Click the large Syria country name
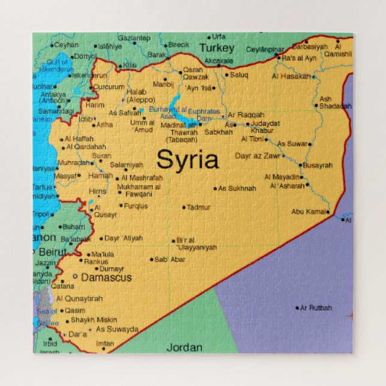pyautogui.click(x=187, y=160)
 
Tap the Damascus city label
pyautogui.click(x=106, y=278)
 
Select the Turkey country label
pyautogui.click(x=216, y=48)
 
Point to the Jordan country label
pyautogui.click(x=184, y=347)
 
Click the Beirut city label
pyautogui.click(x=52, y=252)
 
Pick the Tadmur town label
pyautogui.click(x=198, y=207)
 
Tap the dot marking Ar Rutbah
pyautogui.click(x=297, y=308)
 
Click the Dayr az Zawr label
pyautogui.click(x=257, y=156)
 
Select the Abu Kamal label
pyautogui.click(x=308, y=212)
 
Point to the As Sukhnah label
pyautogui.click(x=237, y=188)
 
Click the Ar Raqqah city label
pyautogui.click(x=246, y=114)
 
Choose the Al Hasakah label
pyautogui.click(x=291, y=77)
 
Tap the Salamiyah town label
pyautogui.click(x=126, y=165)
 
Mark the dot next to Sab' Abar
pyautogui.click(x=152, y=260)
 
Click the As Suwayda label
pyautogui.click(x=117, y=329)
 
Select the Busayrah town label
pyautogui.click(x=317, y=165)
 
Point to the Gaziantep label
pyautogui.click(x=133, y=38)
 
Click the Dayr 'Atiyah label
pyautogui.click(x=123, y=238)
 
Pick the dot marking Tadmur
pyautogui.click(x=184, y=207)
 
